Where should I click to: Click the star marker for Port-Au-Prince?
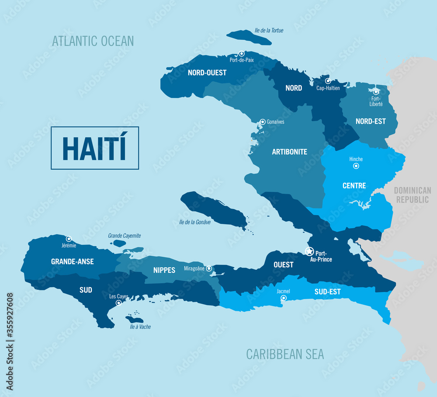point(309,251)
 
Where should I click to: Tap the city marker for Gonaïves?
point(263,122)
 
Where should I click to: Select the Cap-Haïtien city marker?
point(328,81)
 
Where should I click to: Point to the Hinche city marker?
point(356,166)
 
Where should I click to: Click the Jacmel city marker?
point(284,298)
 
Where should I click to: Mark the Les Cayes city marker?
point(118,303)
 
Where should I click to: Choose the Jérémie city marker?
point(69,239)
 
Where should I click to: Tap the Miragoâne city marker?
point(209,268)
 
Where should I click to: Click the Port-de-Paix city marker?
point(241,53)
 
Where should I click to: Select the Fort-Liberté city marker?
point(375,92)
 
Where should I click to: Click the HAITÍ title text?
point(94,148)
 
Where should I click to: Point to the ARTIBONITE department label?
point(289,152)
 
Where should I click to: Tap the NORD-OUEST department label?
point(207,73)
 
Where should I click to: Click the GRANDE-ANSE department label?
point(73,262)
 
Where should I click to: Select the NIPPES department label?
point(164,270)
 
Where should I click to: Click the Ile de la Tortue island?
point(249,37)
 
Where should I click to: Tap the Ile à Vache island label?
point(138,327)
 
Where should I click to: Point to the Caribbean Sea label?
point(285,354)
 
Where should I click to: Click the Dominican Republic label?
point(412,195)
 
